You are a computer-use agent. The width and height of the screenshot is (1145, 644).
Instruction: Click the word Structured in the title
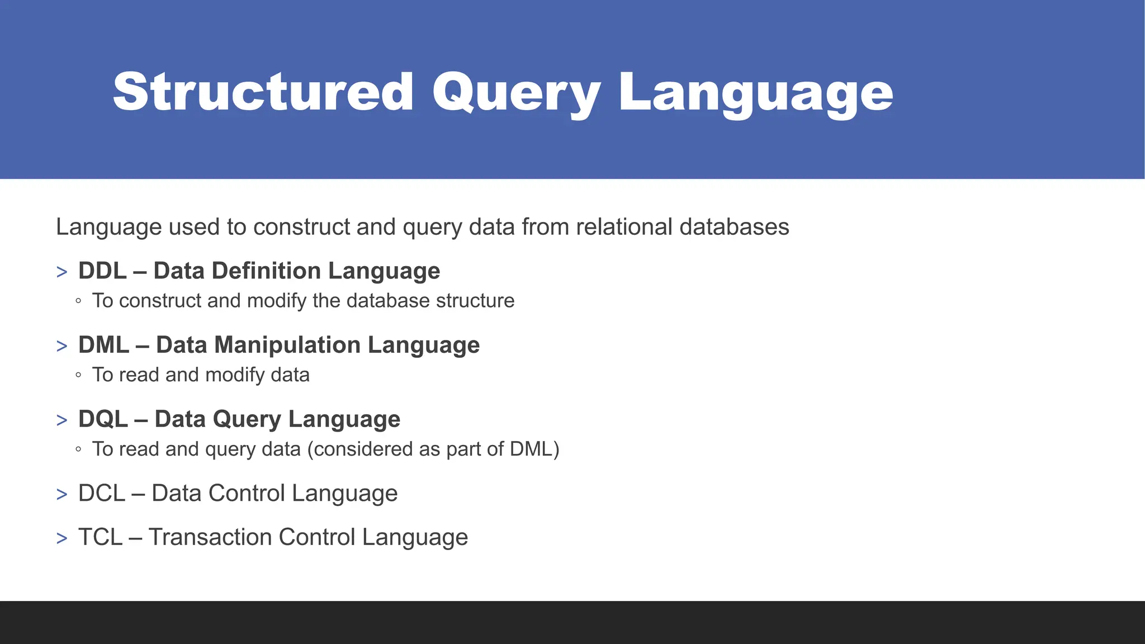(263, 92)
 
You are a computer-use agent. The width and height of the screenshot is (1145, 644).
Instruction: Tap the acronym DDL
(102, 271)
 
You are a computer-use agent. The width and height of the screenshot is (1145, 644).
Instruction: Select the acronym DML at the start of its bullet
(103, 345)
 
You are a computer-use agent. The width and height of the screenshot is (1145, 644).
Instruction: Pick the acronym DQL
(103, 419)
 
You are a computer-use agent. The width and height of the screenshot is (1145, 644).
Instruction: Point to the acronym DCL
(101, 494)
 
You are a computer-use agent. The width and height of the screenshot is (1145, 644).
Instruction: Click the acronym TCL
(100, 537)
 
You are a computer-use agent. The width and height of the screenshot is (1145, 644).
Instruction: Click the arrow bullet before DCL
(61, 495)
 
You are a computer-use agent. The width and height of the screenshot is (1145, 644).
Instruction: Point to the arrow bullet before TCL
(61, 538)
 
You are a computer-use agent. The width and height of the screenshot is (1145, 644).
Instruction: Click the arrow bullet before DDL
(61, 272)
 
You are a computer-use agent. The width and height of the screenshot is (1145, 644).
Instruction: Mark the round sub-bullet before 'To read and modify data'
(78, 375)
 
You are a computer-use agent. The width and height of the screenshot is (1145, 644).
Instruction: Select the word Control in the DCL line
(245, 494)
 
